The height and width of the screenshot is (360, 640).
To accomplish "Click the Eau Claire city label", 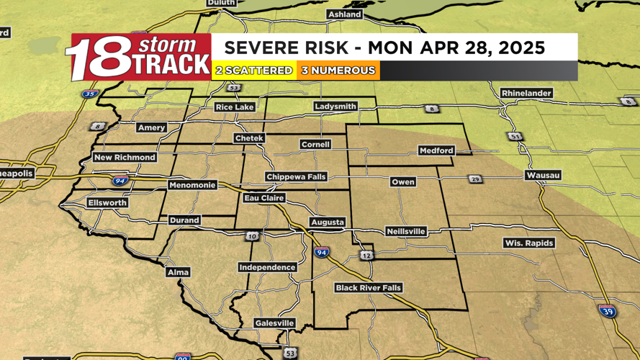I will coord(264,198).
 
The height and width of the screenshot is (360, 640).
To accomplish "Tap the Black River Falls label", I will coord(368,288).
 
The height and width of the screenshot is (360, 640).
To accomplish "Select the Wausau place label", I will coord(543,176).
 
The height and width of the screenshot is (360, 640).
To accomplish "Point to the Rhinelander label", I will coord(526,94).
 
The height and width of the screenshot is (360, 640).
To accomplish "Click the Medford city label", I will coord(436,150).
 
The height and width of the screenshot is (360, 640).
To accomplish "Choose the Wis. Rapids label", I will coord(528,243).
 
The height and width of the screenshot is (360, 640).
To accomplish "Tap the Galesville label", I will coord(274,324).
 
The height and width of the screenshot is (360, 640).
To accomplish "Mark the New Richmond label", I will coord(125,158).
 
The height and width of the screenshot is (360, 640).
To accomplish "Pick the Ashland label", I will coord(344,14).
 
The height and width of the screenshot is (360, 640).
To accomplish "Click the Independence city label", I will coord(267,268).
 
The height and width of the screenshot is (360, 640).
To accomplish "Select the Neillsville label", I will coord(405,232).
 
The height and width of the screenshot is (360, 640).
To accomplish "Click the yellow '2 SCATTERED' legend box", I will coord(254,71).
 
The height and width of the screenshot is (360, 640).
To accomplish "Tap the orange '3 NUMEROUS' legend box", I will coord(338,71).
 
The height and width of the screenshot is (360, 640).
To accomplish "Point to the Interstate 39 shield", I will coord(608,311).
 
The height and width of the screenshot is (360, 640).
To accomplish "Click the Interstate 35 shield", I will coord(89,94).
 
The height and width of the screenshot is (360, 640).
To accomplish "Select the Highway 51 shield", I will coord(514,137).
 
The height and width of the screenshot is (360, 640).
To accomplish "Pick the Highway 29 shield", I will coord(475,179).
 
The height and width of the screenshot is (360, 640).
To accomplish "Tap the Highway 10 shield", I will coord(252,236).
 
